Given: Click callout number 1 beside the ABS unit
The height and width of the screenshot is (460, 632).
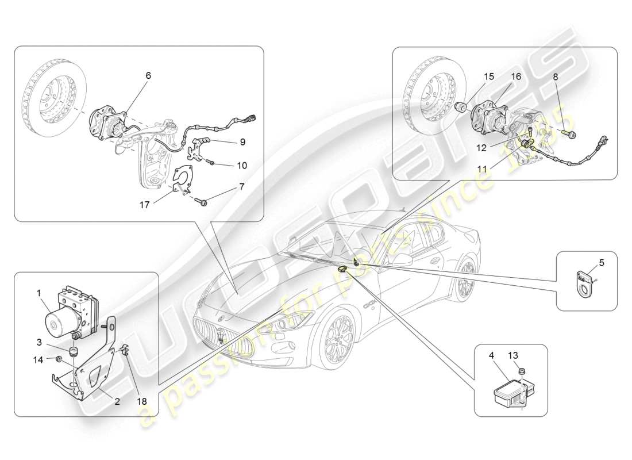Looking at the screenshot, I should point(40,292).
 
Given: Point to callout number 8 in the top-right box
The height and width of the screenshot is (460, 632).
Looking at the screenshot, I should point(555,76).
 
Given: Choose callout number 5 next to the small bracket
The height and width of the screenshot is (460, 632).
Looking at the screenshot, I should point(602,263).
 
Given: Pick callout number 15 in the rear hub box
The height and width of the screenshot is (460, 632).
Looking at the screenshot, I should point(488,76).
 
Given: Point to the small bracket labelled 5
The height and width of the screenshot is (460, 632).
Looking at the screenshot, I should point(584,280).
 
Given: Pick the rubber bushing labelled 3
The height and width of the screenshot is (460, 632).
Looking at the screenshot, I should point(74,351).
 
